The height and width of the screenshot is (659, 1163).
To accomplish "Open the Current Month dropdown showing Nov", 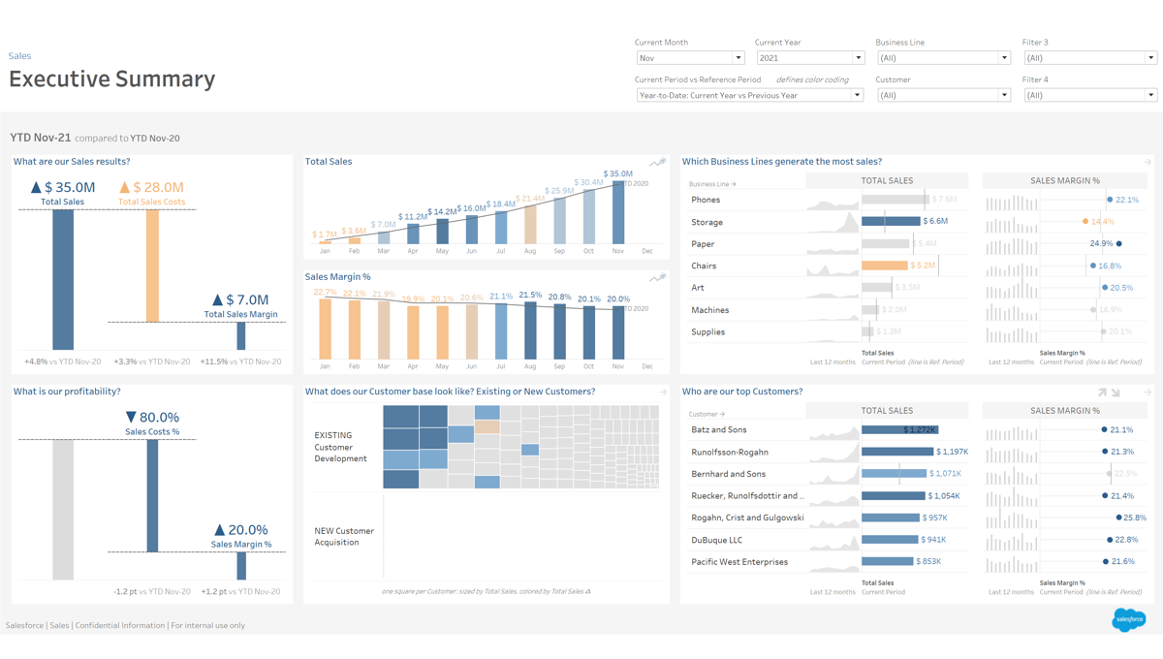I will (689, 58).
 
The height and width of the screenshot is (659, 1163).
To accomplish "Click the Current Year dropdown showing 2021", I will (809, 58).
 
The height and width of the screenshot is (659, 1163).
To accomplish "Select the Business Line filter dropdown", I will (943, 58).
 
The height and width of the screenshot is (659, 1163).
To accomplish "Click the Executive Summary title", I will (112, 79).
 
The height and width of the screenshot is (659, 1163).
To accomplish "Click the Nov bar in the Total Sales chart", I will (618, 212).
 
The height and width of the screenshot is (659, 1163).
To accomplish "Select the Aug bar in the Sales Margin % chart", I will (530, 330).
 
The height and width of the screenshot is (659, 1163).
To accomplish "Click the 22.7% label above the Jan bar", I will (325, 292).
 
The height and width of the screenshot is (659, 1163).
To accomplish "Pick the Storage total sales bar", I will (890, 222).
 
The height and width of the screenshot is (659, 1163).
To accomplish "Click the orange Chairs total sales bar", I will (884, 266).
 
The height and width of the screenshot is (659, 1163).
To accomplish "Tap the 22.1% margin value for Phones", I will (1127, 200).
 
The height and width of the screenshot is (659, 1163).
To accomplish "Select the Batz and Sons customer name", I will (718, 430).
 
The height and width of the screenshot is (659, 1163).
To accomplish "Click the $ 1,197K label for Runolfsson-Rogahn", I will (952, 452).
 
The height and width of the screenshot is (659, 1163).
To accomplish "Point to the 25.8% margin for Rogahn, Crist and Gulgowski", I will (1134, 518).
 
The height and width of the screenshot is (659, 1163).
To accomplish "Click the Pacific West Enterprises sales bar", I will (887, 562).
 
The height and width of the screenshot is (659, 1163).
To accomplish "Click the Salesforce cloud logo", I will (1128, 618).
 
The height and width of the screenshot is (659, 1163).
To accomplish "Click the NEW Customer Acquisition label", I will (343, 537).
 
